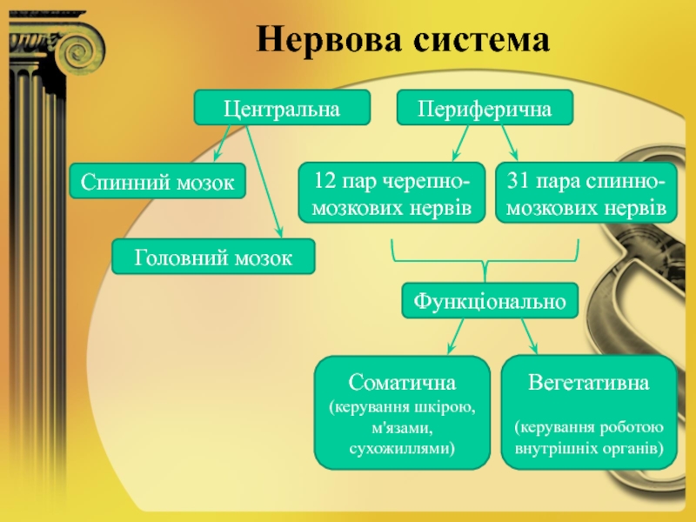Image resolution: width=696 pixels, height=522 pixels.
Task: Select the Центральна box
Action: click(281, 107)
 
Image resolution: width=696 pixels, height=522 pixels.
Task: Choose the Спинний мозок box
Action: click(157, 183)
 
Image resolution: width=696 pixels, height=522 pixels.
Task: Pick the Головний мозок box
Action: click(213, 258)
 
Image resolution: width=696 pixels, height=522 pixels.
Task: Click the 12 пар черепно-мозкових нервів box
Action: click(391, 194)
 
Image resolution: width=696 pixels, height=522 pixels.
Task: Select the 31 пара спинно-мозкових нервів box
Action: click(586, 194)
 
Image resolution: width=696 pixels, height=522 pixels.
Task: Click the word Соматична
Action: click(403, 383)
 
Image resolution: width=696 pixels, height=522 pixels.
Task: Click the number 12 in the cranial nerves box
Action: click(325, 182)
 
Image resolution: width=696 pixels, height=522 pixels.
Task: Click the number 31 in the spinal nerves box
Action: click(518, 182)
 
